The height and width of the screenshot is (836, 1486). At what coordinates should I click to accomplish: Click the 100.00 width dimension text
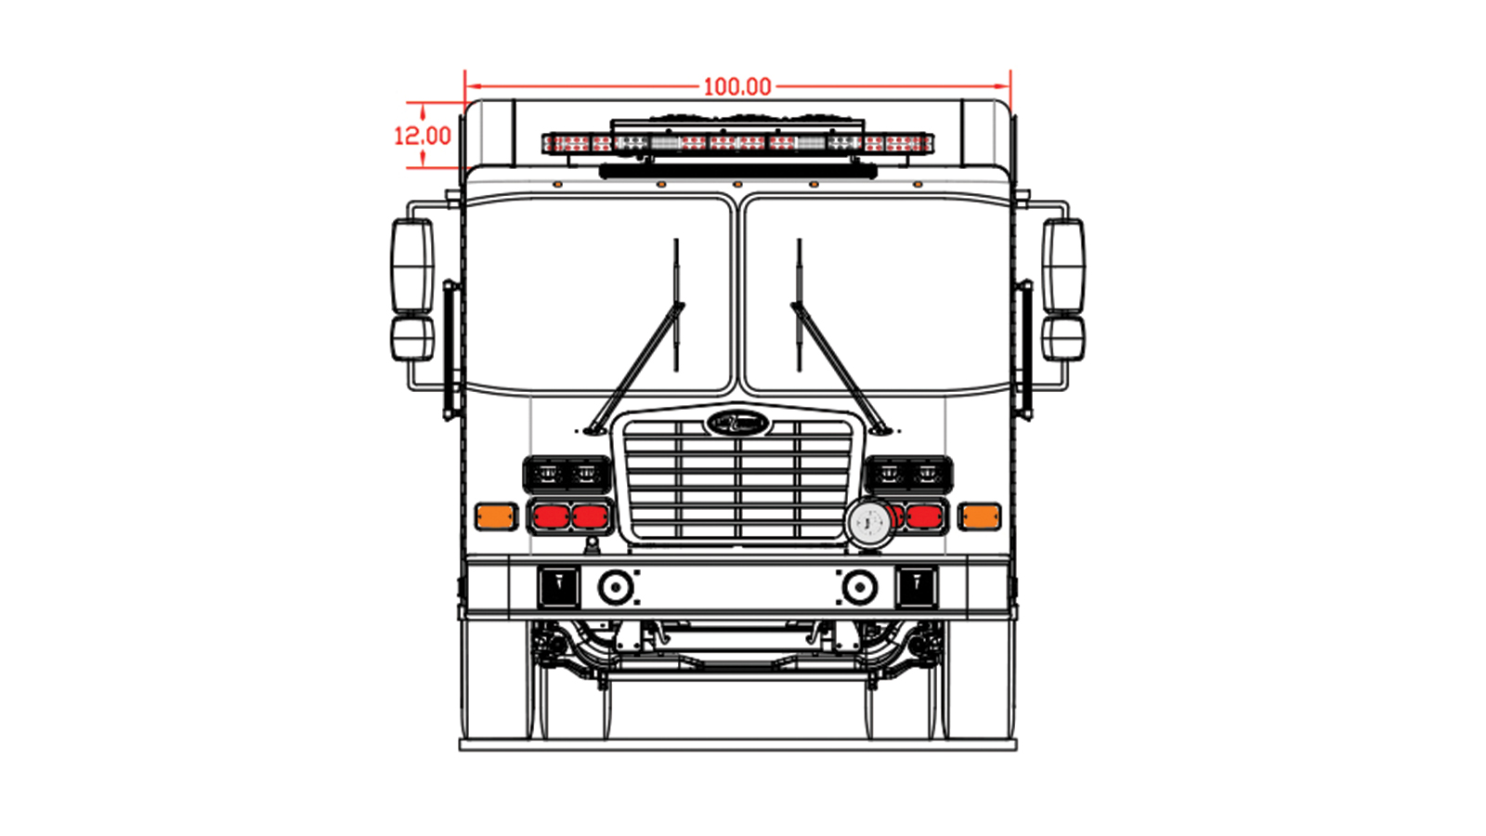pyautogui.click(x=737, y=87)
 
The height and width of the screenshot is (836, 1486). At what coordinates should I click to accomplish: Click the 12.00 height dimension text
pyautogui.click(x=423, y=136)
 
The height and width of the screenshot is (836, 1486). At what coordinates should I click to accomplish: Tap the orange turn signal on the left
pyautogui.click(x=496, y=516)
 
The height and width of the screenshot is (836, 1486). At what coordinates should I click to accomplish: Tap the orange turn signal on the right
pyautogui.click(x=979, y=516)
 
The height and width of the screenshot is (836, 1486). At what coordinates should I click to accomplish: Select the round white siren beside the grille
pyautogui.click(x=869, y=524)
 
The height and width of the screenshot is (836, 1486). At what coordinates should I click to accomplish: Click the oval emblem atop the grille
pyautogui.click(x=737, y=423)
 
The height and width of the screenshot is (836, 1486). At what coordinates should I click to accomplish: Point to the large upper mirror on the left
pyautogui.click(x=412, y=267)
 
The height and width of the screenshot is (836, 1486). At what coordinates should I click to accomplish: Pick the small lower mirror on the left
pyautogui.click(x=412, y=339)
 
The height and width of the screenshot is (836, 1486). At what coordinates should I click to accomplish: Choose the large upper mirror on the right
pyautogui.click(x=1063, y=267)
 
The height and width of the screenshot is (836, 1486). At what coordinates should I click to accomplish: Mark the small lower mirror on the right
pyautogui.click(x=1063, y=339)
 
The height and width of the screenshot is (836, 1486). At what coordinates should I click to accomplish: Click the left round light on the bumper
pyautogui.click(x=616, y=587)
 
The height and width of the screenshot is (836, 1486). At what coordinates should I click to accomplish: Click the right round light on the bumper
pyautogui.click(x=860, y=587)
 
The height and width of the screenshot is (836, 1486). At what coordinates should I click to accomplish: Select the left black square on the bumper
pyautogui.click(x=558, y=587)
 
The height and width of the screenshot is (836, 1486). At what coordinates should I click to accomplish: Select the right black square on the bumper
pyautogui.click(x=917, y=587)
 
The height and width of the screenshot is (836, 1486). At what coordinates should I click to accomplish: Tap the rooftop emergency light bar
pyautogui.click(x=737, y=143)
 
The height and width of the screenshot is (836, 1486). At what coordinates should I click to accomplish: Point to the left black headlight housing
pyautogui.click(x=567, y=475)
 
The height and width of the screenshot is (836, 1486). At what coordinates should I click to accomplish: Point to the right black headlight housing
pyautogui.click(x=908, y=475)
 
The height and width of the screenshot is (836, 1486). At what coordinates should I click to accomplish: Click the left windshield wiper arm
pyautogui.click(x=635, y=368)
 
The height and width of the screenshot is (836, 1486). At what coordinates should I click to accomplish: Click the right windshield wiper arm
pyautogui.click(x=840, y=368)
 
